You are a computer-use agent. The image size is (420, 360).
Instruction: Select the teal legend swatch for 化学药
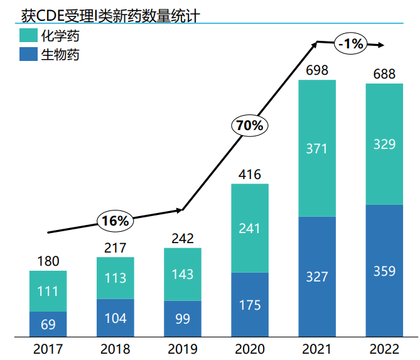click(28, 36)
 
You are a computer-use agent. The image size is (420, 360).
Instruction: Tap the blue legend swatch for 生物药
click(28, 54)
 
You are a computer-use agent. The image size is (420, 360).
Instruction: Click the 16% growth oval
click(116, 221)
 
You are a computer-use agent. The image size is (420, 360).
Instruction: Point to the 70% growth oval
click(249, 126)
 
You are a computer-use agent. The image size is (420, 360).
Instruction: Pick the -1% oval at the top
click(350, 43)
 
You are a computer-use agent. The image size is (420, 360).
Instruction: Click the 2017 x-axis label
click(48, 349)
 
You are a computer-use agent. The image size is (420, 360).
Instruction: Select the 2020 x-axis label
click(250, 349)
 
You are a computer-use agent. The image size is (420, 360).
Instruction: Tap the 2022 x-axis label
click(384, 349)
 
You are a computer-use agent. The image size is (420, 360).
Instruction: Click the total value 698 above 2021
click(317, 70)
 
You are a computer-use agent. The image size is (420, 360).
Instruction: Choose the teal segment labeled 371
click(317, 149)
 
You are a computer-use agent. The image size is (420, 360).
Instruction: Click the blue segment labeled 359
click(384, 271)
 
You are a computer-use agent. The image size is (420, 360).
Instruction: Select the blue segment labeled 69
click(48, 324)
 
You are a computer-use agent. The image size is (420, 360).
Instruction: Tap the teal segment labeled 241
click(250, 228)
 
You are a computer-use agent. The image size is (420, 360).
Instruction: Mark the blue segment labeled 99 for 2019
click(183, 319)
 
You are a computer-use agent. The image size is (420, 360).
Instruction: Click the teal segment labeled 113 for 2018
click(116, 278)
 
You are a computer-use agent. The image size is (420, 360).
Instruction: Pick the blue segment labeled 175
click(250, 305)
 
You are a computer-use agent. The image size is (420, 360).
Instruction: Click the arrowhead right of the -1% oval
click(381, 45)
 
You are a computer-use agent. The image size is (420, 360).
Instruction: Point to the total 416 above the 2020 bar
click(250, 175)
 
